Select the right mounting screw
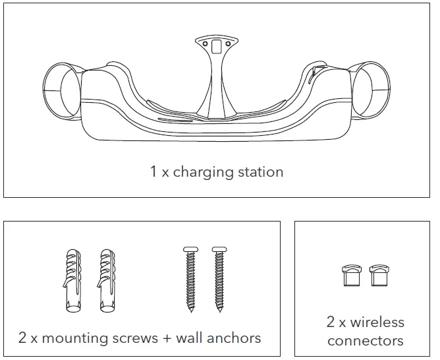pyautogui.click(x=218, y=279)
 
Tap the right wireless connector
pyautogui.click(x=377, y=276)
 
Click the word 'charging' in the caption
pyautogui.click(x=203, y=173)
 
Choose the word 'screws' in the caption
pyautogui.click(x=137, y=338)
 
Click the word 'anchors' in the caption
pyautogui.click(x=234, y=338)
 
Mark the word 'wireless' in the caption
pyautogui.click(x=377, y=322)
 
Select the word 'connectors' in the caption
pyautogui.click(x=365, y=341)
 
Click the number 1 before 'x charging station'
pyautogui.click(x=153, y=172)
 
